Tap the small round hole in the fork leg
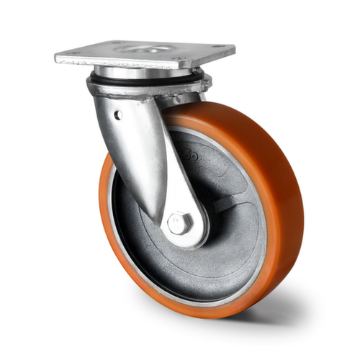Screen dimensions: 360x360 point(117,114)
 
